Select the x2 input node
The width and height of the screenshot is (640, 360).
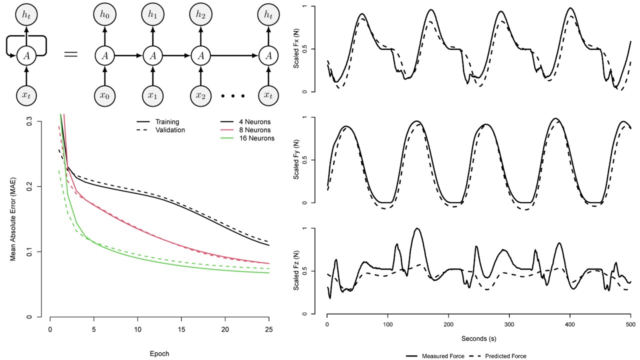[x=201, y=93]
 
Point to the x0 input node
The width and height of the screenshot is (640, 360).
[x=105, y=93]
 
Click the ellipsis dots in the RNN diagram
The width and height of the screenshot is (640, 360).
[x=231, y=95]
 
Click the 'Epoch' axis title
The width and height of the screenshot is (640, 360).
[x=159, y=353]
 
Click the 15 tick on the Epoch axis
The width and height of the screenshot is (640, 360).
[x=181, y=329]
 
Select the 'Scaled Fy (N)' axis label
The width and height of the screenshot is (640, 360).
[x=297, y=160]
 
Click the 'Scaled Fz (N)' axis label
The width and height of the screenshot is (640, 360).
[x=297, y=271]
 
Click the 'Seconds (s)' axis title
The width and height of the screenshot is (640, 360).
[x=478, y=338]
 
